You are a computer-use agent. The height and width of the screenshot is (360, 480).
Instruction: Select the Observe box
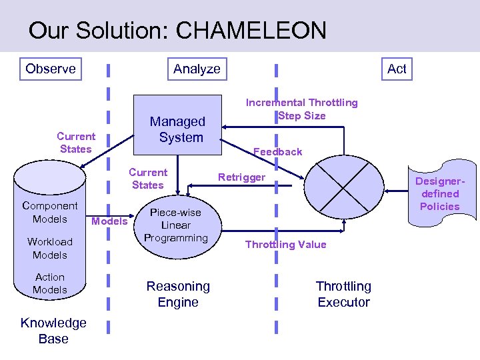(50, 69)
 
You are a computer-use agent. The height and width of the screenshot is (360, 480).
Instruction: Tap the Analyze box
(197, 69)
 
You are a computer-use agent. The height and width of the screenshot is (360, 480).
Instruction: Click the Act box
(397, 69)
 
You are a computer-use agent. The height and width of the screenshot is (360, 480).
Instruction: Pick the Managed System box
(177, 129)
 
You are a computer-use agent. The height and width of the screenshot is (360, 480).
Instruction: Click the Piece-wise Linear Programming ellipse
(175, 225)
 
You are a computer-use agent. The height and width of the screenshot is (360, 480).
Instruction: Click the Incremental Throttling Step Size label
(301, 109)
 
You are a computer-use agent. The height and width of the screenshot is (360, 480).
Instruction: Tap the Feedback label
(277, 151)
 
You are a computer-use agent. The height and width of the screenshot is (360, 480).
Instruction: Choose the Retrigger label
(241, 177)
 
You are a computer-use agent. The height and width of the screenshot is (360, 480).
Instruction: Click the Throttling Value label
(285, 244)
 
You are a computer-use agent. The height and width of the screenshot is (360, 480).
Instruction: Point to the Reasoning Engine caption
(178, 294)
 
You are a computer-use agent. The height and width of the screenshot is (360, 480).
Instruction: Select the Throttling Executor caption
(343, 294)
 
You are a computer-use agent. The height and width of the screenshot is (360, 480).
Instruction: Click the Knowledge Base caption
(53, 331)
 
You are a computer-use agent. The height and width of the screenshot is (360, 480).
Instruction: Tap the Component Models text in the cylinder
(50, 212)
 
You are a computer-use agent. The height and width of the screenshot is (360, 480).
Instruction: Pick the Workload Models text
(50, 248)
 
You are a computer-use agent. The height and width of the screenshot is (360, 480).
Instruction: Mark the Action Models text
(50, 283)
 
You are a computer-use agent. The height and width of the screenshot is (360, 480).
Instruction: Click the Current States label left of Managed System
(76, 142)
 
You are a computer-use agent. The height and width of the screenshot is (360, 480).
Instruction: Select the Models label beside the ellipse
(109, 221)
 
